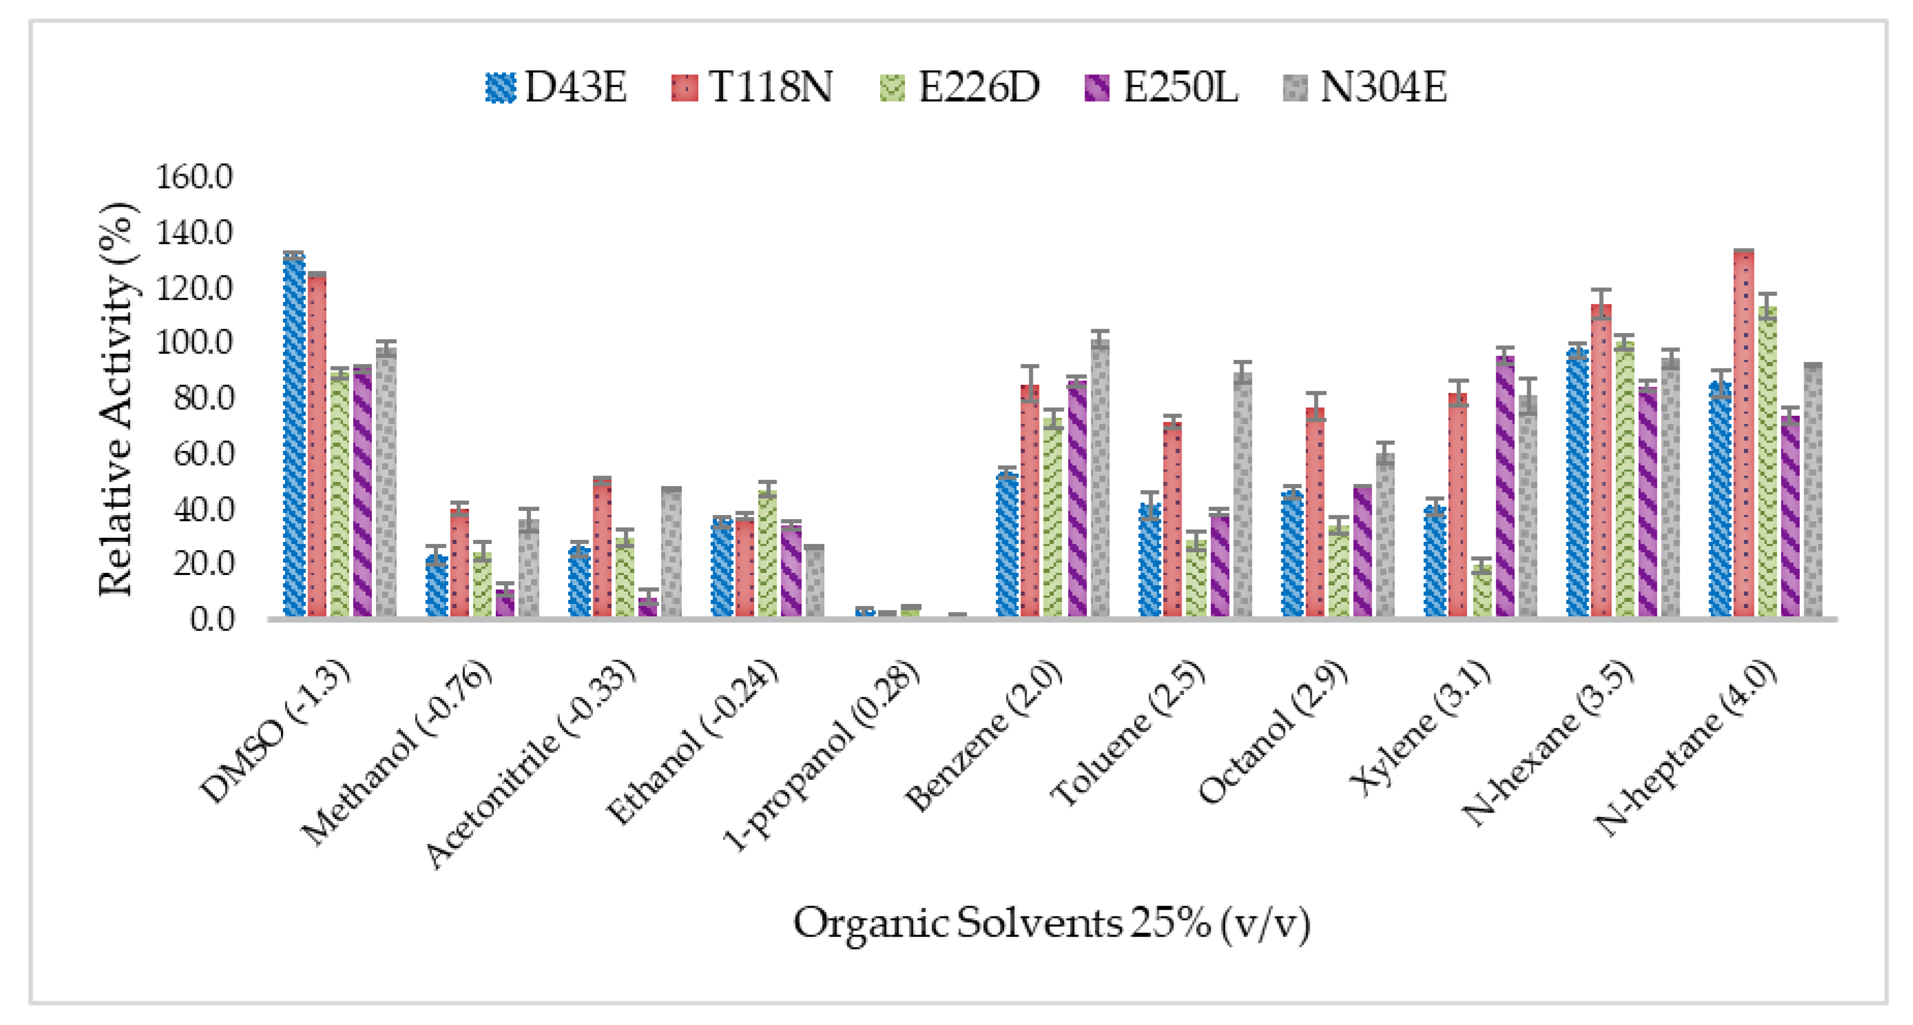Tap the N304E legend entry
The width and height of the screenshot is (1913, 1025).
tap(1365, 88)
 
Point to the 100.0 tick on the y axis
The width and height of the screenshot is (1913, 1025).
tap(193, 343)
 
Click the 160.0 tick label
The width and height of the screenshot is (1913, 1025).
tap(193, 177)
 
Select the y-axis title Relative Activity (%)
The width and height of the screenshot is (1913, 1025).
tap(117, 399)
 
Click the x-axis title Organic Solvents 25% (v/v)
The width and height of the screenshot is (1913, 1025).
tap(1051, 924)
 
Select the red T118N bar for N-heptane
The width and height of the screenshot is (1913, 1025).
tap(1744, 434)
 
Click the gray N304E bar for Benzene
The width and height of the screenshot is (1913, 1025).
tap(1100, 479)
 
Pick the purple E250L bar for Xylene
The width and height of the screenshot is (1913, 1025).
tap(1504, 487)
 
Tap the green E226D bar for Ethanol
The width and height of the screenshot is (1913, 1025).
tap(768, 553)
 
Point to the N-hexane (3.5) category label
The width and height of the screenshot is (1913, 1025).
tap(1548, 743)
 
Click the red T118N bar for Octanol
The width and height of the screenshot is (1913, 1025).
tap(1315, 512)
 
